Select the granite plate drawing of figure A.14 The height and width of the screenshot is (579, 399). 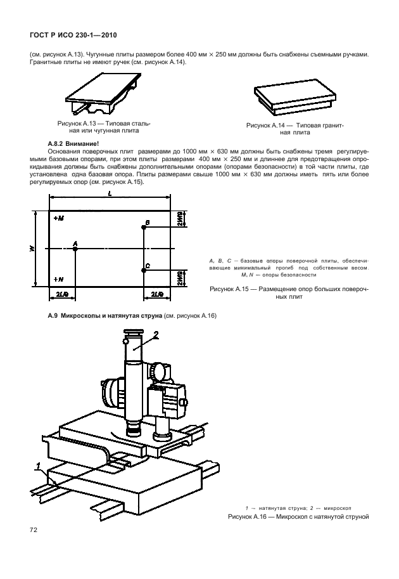294,97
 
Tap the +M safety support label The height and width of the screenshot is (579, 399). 59,218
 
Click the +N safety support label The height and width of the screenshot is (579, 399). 59,278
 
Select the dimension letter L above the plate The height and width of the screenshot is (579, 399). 110,193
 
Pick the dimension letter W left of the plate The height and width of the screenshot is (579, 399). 32,248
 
